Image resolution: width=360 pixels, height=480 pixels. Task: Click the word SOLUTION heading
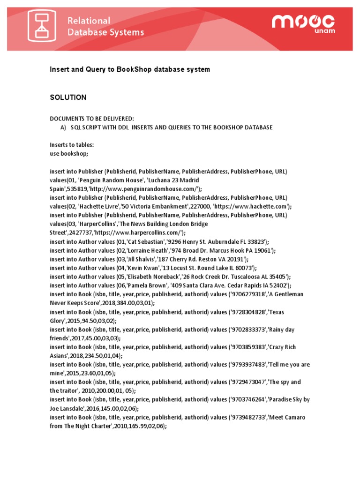[x=68, y=97]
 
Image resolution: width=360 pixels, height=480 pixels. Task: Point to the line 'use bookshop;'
[x=69, y=154]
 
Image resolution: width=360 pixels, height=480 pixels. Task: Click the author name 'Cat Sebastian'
[x=139, y=241]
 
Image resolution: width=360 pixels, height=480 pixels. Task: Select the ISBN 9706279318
[x=247, y=294]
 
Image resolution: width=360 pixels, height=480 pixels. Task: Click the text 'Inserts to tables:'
[x=72, y=145]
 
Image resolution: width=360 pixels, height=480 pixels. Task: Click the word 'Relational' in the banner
[x=89, y=21]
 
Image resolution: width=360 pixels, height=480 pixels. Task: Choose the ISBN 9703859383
[x=247, y=347]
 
